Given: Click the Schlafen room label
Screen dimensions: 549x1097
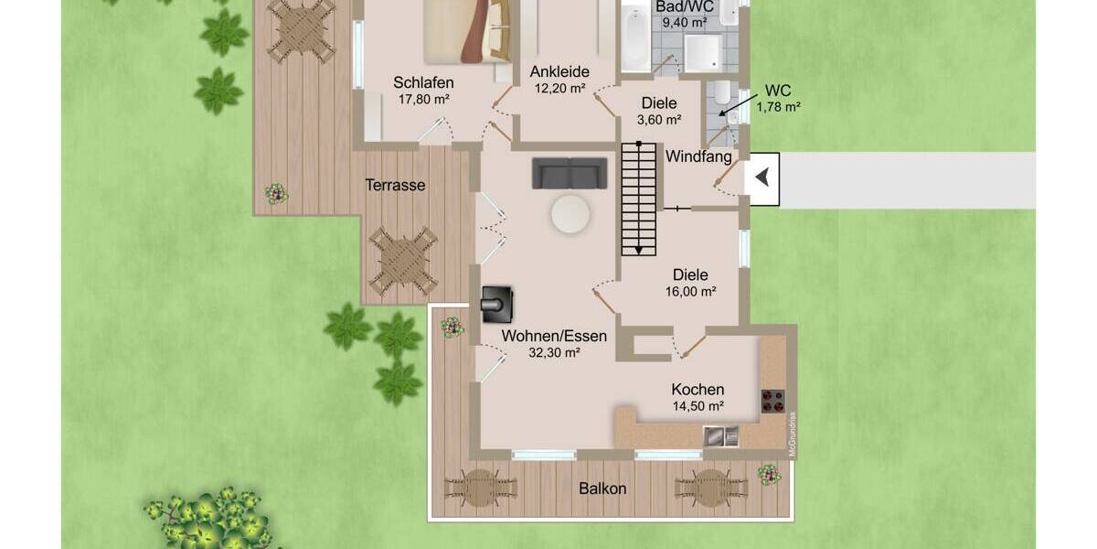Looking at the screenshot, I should tap(423, 82).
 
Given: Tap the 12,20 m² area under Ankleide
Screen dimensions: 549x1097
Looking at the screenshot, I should tap(559, 89).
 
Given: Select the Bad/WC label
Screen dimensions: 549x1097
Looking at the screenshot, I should tap(685, 5).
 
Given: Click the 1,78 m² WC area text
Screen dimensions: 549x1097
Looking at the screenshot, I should tap(778, 107).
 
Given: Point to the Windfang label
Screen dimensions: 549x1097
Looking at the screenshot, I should tap(698, 157).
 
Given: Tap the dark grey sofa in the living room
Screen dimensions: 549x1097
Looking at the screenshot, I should tap(570, 173).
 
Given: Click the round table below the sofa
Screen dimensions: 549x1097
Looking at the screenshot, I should tap(570, 215).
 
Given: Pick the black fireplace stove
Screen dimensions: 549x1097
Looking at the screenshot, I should tap(497, 304).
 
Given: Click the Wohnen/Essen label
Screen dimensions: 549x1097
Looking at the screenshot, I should tap(554, 336).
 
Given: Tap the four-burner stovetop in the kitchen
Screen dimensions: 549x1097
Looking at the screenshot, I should tap(772, 402).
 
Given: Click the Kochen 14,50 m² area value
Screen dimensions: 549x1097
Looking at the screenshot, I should tap(698, 406).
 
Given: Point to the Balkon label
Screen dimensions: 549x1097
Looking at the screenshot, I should tap(602, 489).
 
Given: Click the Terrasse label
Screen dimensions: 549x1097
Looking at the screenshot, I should tap(395, 185).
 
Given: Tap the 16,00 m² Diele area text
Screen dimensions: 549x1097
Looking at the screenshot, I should tap(690, 292).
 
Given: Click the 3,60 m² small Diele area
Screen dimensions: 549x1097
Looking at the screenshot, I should tap(658, 120).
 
